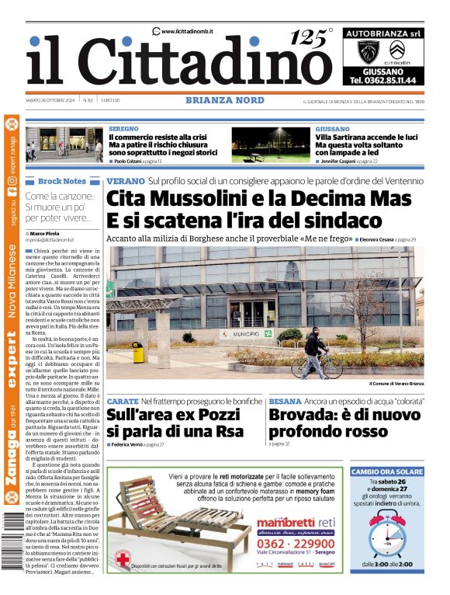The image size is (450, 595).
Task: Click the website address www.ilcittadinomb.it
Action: pos(187,31)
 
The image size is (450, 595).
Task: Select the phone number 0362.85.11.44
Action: pos(382,80)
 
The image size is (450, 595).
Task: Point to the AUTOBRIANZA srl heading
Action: pos(382,34)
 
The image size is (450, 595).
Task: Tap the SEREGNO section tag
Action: pos(124,128)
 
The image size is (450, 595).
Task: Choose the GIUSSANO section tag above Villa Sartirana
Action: pos(332,128)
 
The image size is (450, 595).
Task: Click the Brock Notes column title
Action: pos(62,181)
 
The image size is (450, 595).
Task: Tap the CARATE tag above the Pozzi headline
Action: pos(122,401)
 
